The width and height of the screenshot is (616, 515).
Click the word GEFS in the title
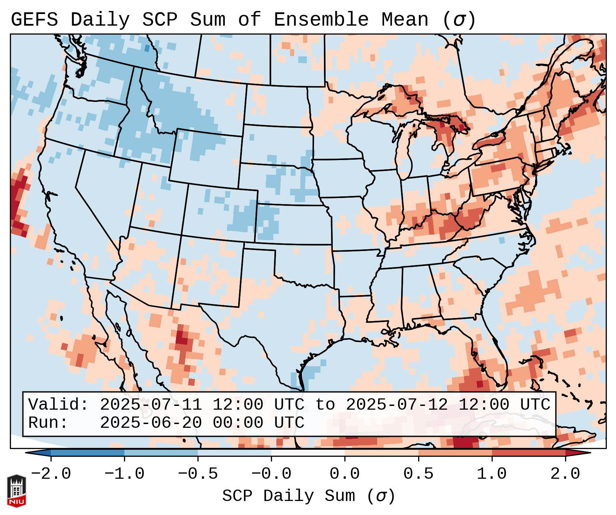click(x=34, y=19)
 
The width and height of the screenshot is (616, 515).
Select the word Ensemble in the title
click(x=321, y=19)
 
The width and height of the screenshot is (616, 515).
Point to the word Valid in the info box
click(x=58, y=405)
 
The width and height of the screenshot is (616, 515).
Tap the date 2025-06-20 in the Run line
click(x=151, y=423)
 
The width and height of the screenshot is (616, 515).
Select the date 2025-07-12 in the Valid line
click(x=397, y=405)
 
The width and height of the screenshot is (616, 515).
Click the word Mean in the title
click(x=405, y=19)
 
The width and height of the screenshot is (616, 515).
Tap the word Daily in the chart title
click(x=100, y=19)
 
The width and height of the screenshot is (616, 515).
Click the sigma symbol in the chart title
click(x=459, y=20)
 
